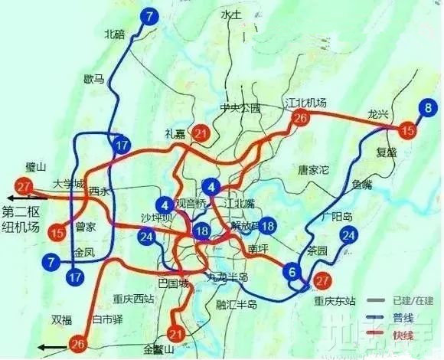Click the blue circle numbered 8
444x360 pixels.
428,107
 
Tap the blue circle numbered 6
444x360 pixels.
292,270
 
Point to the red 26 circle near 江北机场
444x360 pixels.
301,118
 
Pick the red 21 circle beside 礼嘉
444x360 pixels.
201,135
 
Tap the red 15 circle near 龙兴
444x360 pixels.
408,132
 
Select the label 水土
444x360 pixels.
230,14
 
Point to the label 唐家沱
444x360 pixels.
312,169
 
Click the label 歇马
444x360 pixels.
96,77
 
